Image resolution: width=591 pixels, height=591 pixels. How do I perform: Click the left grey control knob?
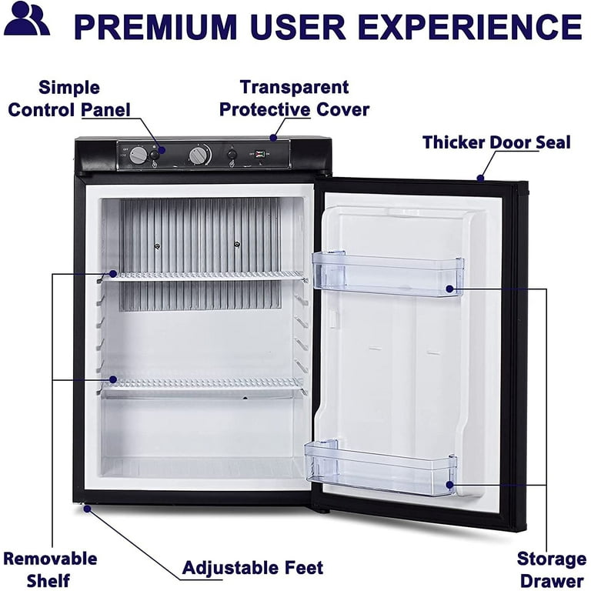[138, 155]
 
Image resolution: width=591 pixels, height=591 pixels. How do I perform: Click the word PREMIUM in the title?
[155, 26]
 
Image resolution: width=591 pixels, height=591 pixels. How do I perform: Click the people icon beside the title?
[27, 18]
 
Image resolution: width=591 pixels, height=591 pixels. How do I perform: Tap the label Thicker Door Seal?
[496, 142]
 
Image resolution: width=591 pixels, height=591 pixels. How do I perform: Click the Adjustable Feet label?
[252, 567]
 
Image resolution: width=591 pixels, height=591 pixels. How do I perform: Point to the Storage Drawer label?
[552, 569]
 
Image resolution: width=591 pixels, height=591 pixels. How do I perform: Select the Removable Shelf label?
[50, 569]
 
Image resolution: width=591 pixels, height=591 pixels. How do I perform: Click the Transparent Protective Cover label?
[294, 98]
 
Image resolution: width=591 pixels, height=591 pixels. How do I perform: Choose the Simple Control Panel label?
[69, 98]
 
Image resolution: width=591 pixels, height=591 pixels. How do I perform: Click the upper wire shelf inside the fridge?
[203, 276]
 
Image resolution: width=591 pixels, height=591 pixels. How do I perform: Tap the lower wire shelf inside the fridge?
[202, 386]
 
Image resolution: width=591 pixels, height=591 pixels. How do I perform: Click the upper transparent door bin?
[387, 272]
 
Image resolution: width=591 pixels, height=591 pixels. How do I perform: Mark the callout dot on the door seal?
[480, 178]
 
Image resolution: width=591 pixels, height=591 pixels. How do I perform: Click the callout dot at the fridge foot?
[87, 509]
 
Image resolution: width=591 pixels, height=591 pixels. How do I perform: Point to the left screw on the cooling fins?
[157, 246]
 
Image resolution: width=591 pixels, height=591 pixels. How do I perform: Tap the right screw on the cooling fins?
[237, 244]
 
